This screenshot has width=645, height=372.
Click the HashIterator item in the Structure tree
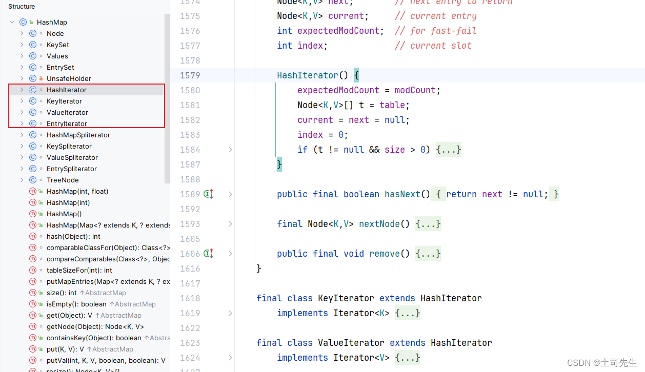[66, 90]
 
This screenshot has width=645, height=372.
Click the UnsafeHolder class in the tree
[69, 78]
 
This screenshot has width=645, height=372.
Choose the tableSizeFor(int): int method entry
[79, 270]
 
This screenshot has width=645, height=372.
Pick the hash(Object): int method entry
[73, 236]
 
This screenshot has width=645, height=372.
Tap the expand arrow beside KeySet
[22, 45]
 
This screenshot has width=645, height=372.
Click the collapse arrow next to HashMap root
[12, 22]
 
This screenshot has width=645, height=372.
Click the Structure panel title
[22, 7]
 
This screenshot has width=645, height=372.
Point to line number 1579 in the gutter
[190, 75]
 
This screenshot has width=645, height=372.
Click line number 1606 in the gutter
[190, 254]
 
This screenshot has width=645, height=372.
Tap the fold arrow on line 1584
[230, 150]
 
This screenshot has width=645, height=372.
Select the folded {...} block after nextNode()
[428, 224]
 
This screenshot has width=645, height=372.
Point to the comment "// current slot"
[433, 46]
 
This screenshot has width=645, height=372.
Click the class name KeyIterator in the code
[346, 298]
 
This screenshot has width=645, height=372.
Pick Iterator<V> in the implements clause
[361, 358]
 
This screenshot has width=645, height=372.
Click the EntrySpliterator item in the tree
[71, 169]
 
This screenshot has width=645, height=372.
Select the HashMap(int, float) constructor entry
[77, 191]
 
